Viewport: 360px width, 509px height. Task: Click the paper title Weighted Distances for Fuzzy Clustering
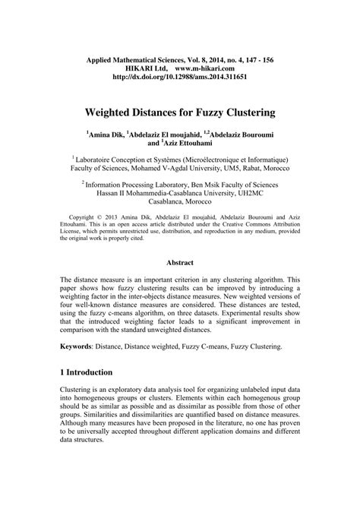pos(180,112)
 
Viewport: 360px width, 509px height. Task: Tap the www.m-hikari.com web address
pos(210,67)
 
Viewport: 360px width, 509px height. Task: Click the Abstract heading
pos(179,263)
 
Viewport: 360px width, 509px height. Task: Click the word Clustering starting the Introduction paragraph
pos(79,411)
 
